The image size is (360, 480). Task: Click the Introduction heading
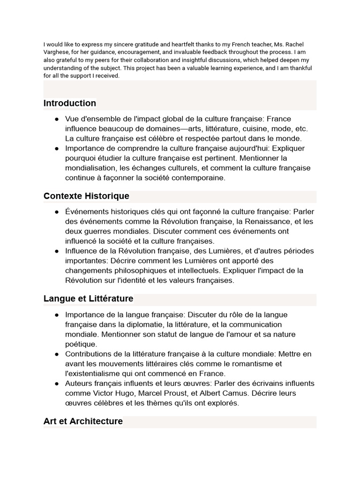point(70,103)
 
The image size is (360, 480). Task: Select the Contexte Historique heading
point(86,196)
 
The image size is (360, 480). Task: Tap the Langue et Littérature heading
point(88,299)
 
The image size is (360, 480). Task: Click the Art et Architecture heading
point(83,421)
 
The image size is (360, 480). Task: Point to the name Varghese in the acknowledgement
point(56,52)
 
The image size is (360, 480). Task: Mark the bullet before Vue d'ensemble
point(57,119)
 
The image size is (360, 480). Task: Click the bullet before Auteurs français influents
point(57,383)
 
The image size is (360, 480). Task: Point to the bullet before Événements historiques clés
point(57,212)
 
